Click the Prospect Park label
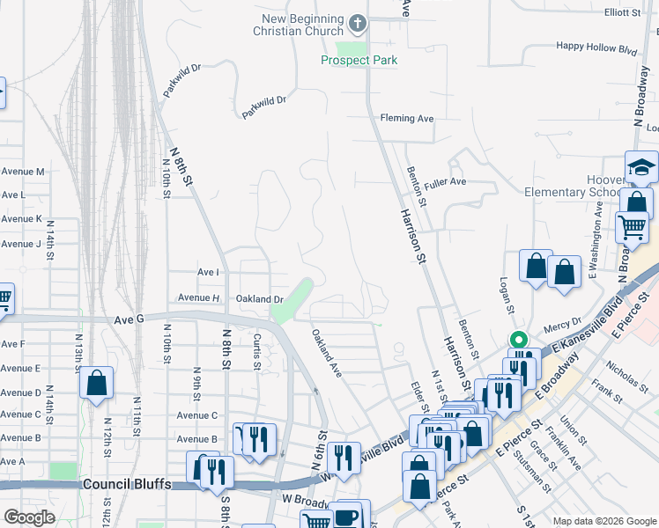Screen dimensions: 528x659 coord(359,61)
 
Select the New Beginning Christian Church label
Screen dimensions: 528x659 coord(302,26)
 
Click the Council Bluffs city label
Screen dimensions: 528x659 coord(124,485)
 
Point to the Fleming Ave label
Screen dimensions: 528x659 coord(407,118)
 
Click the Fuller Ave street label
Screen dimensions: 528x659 coord(444,182)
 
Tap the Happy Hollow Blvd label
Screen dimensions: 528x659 coord(596,46)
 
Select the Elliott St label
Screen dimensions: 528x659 coord(623,12)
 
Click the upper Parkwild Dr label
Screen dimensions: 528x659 coord(182,78)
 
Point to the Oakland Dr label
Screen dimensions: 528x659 coord(259,299)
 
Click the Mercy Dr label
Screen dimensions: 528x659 coord(565,323)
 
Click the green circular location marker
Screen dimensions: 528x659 coord(519,340)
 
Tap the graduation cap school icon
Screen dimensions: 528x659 coord(641,166)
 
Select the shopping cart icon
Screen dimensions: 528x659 coord(632,227)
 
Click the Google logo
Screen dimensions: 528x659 coord(30,517)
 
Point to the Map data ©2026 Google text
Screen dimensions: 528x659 coord(604,521)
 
